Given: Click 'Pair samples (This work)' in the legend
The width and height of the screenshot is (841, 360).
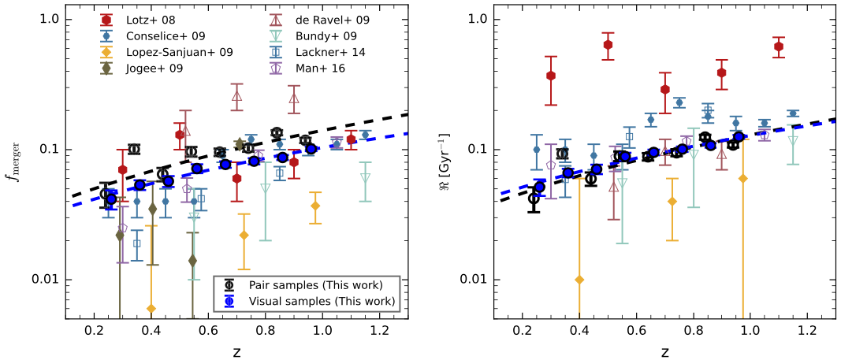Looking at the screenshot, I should [x=315, y=284].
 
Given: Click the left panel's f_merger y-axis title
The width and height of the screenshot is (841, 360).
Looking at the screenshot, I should [x=15, y=161].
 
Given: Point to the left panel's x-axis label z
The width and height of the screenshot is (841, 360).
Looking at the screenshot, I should [x=236, y=349].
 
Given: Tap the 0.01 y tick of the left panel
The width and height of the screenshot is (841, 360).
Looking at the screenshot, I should [x=43, y=280].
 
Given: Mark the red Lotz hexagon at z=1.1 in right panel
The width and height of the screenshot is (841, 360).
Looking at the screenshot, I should [x=779, y=46].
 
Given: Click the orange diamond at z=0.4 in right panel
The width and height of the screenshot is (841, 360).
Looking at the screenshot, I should [x=579, y=280].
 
